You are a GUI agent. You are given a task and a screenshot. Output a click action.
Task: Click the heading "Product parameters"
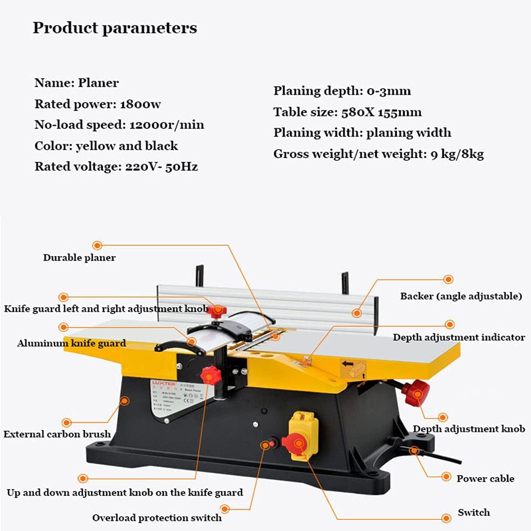click(x=115, y=28)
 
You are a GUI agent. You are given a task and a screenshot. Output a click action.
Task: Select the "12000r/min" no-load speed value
click(x=167, y=125)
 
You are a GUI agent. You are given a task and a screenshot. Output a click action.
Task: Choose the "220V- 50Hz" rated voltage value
click(x=161, y=167)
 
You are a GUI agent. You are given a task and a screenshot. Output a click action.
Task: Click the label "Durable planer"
click(x=79, y=258)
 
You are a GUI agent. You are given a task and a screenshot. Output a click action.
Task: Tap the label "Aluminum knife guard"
click(x=72, y=343)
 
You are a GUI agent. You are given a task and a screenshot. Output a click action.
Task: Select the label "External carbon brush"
click(x=57, y=434)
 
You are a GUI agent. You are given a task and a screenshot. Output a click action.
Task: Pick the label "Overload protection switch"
click(x=157, y=518)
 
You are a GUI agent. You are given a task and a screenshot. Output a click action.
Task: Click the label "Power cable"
click(x=485, y=478)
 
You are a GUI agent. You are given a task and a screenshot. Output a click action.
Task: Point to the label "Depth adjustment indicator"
click(x=459, y=337)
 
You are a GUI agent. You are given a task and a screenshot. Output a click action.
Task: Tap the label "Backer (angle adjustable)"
click(x=461, y=296)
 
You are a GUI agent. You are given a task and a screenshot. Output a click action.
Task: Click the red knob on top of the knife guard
click(x=216, y=311)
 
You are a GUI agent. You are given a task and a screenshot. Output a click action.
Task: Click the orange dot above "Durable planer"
click(x=97, y=245)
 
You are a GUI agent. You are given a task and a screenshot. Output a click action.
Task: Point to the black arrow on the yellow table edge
click(x=349, y=364)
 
